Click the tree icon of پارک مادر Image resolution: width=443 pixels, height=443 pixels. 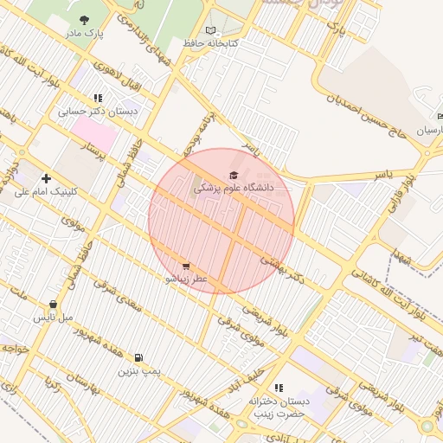click(84, 20)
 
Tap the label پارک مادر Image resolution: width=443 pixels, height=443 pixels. click(84, 34)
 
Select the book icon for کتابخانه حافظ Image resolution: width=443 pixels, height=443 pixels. click(211, 29)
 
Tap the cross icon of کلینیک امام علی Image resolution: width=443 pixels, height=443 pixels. click(46, 178)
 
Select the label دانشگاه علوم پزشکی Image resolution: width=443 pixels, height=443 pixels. click(234, 187)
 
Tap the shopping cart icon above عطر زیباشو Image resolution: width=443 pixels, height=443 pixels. click(186, 266)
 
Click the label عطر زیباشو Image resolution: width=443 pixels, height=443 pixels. click(188, 279)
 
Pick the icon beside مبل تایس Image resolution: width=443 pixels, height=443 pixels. click(55, 304)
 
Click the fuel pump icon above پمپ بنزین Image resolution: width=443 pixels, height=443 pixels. click(139, 356)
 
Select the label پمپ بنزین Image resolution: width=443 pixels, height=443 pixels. click(139, 370)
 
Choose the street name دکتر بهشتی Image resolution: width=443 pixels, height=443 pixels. click(286, 269)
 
